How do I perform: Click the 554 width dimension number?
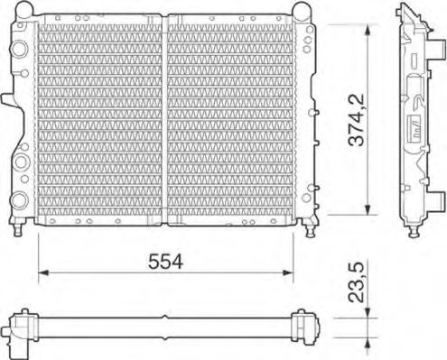point(165,261)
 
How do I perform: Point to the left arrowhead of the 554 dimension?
point(43,272)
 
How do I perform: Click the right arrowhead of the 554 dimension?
point(288,272)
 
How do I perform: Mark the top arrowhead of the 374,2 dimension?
point(368,30)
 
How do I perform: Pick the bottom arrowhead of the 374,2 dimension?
point(368,209)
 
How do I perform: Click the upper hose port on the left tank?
point(19,49)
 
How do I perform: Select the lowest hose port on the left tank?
point(19,199)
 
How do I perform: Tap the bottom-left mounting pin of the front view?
point(18,227)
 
